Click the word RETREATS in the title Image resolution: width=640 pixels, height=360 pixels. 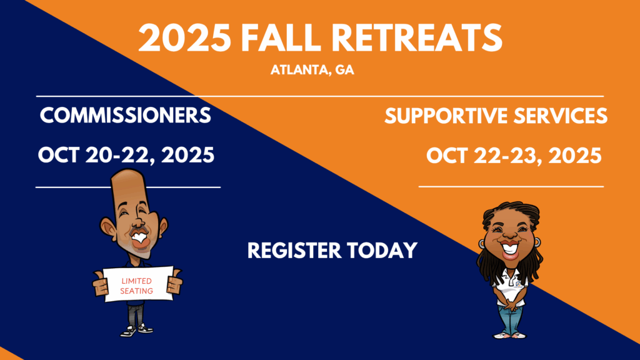click(x=417, y=37)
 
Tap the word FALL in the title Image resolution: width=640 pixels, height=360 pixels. click(x=281, y=37)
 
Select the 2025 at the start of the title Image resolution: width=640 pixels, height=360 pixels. click(x=185, y=37)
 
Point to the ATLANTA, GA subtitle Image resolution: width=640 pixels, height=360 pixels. click(x=312, y=70)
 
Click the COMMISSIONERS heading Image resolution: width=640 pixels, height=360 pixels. click(x=125, y=116)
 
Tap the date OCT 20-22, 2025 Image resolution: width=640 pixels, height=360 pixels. click(x=126, y=155)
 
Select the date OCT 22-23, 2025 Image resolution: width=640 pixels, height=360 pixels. click(x=514, y=156)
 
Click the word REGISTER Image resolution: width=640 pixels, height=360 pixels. click(x=294, y=250)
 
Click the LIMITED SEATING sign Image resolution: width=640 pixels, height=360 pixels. click(x=137, y=285)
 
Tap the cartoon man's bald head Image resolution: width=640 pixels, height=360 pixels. click(x=129, y=184)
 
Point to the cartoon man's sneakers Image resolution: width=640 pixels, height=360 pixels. click(x=136, y=330)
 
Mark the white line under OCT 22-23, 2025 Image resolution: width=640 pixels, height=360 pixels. click(x=511, y=186)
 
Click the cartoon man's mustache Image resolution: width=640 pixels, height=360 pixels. click(x=139, y=231)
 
